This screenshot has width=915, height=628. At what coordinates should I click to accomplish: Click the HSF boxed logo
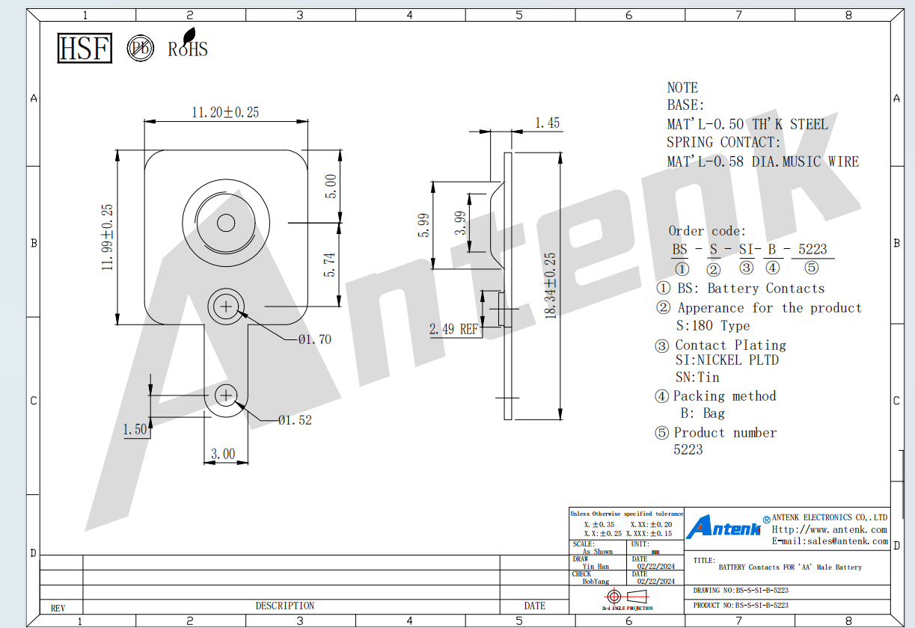click(x=85, y=48)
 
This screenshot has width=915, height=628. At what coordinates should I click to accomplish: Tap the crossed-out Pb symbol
click(x=140, y=48)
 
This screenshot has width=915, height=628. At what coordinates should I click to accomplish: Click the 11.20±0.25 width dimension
click(x=225, y=112)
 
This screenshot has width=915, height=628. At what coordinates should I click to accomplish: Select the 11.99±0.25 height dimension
click(x=107, y=237)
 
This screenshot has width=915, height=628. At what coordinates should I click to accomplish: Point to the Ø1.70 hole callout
click(x=314, y=339)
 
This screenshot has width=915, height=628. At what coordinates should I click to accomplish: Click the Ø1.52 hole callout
click(x=295, y=420)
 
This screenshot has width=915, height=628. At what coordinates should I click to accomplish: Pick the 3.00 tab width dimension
click(x=223, y=454)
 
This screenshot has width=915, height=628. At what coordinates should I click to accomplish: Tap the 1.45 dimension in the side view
click(x=548, y=123)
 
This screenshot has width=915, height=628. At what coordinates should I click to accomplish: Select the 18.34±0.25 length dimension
click(x=551, y=286)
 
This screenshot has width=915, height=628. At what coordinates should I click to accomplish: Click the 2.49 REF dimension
click(x=454, y=329)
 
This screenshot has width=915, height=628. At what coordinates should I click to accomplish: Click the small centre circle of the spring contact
click(x=226, y=223)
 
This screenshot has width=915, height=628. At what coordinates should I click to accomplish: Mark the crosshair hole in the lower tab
click(x=226, y=395)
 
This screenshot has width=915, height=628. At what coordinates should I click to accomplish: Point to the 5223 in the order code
click(x=813, y=249)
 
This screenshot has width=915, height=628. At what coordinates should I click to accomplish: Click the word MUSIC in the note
click(x=801, y=161)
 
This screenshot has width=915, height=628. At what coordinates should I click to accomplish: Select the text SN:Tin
click(x=697, y=377)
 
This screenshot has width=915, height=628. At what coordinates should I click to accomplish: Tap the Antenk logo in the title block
click(x=723, y=527)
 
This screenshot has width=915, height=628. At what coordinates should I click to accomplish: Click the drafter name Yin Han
click(x=596, y=567)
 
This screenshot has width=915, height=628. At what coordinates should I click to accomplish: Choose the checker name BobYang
click(x=596, y=582)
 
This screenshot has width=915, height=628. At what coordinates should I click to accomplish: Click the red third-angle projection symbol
click(x=626, y=597)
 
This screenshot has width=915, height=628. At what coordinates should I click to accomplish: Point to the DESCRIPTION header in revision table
click(x=285, y=606)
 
